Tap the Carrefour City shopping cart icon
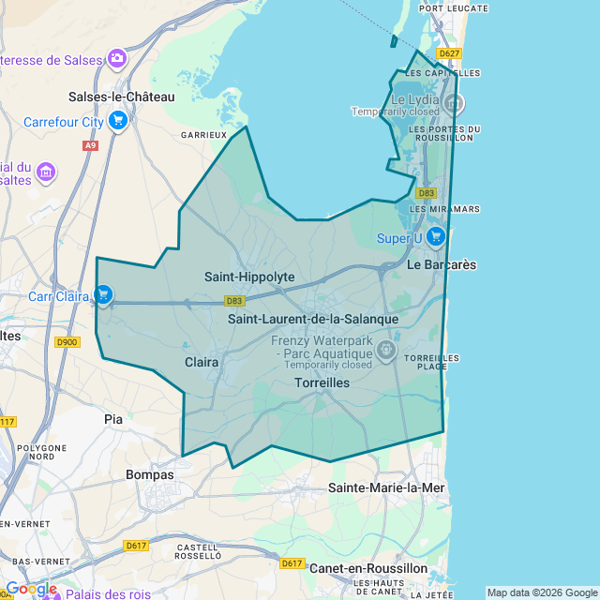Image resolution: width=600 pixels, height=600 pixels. pyautogui.click(x=117, y=121)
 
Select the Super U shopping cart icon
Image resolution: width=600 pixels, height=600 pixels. pyautogui.click(x=435, y=237)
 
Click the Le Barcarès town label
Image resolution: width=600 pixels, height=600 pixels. pyautogui.click(x=442, y=265)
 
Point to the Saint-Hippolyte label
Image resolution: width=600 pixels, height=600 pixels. pyautogui.click(x=249, y=277)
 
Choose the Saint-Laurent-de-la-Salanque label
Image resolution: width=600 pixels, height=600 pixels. pyautogui.click(x=313, y=319)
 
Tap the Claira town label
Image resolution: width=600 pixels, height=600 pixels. pyautogui.click(x=202, y=361)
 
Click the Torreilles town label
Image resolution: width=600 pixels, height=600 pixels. pyautogui.click(x=322, y=382)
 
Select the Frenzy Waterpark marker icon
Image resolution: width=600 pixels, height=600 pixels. pyautogui.click(x=385, y=351)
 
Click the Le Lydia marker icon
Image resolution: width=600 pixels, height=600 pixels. pyautogui.click(x=454, y=101)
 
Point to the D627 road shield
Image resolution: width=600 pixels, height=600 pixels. pyautogui.click(x=449, y=53)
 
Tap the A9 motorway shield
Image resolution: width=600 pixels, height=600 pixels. pyautogui.click(x=90, y=145)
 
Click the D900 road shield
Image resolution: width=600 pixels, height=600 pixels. pyautogui.click(x=67, y=342)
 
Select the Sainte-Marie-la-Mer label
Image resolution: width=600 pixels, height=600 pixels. pyautogui.click(x=386, y=487)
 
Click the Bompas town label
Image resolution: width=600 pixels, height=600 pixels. pyautogui.click(x=150, y=474)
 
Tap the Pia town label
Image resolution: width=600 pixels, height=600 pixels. pyautogui.click(x=113, y=419)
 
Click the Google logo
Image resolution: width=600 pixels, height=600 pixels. pyautogui.click(x=31, y=589)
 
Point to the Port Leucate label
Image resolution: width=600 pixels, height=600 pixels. pyautogui.click(x=454, y=8)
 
